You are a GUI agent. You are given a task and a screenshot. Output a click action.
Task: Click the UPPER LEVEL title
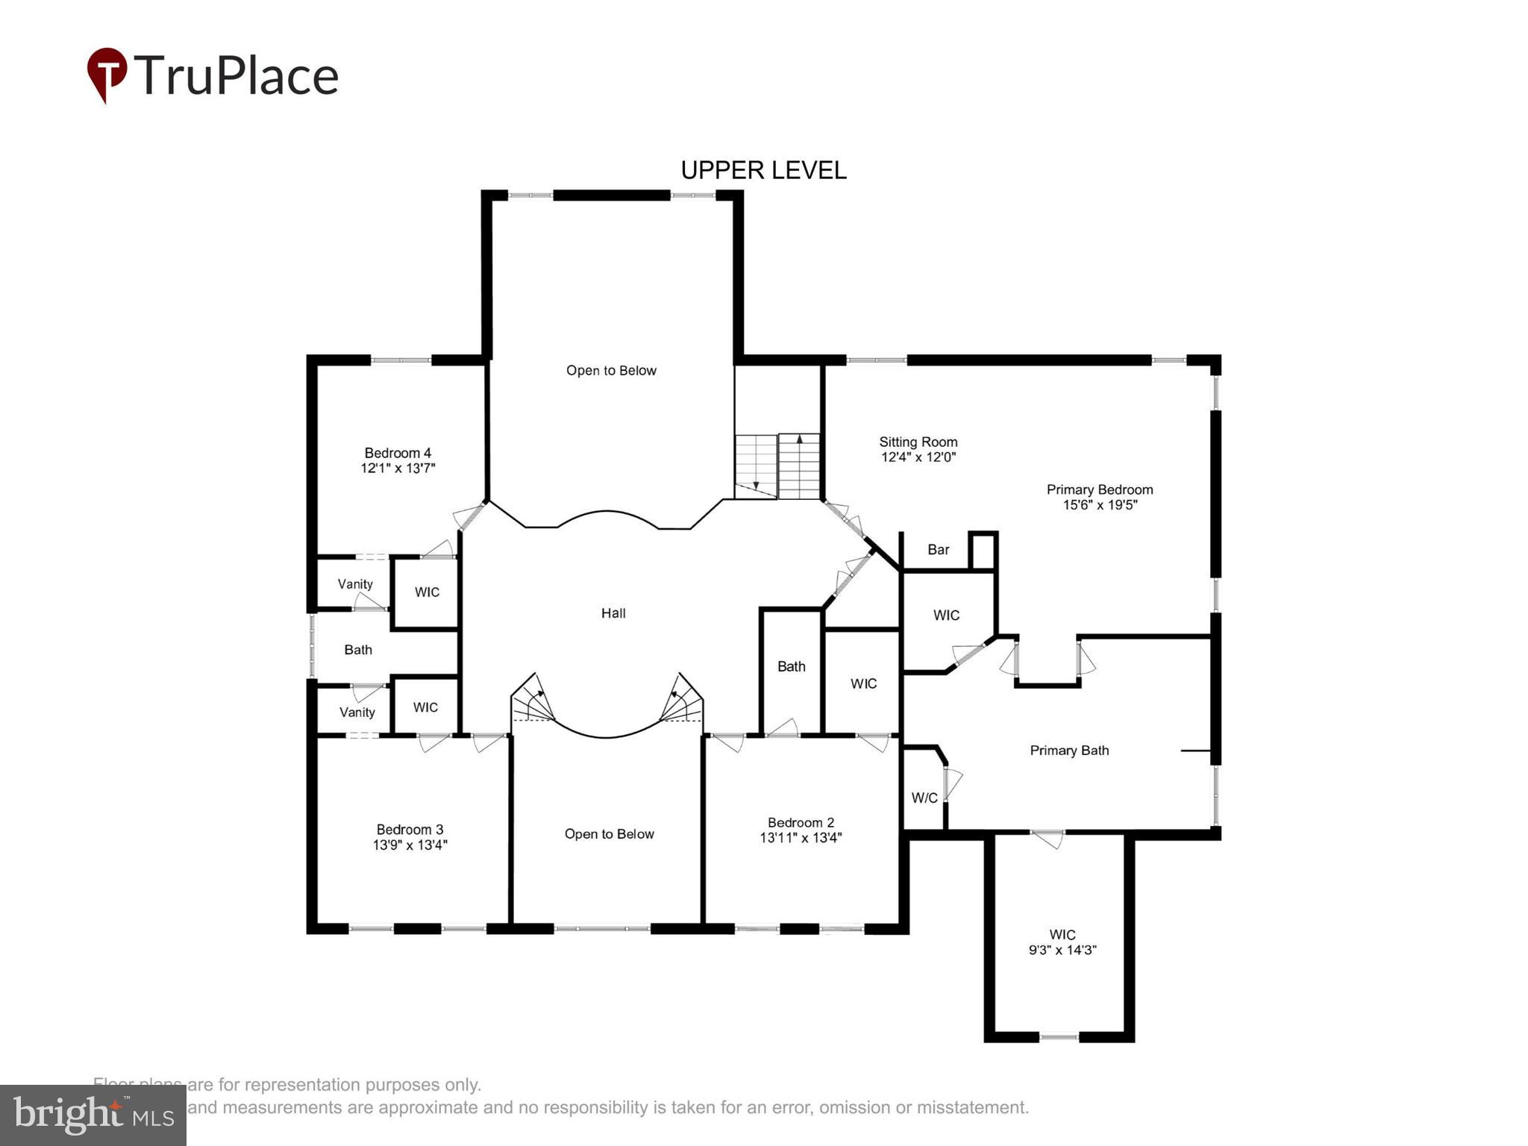pyautogui.click(x=763, y=171)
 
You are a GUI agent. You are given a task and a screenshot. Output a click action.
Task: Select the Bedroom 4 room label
pyautogui.click(x=398, y=453)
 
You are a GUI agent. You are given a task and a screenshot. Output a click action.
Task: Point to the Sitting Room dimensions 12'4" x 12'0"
pyautogui.click(x=918, y=457)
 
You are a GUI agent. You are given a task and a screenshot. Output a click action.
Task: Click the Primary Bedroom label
pyautogui.click(x=1100, y=489)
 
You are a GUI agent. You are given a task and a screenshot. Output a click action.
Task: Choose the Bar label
pyautogui.click(x=938, y=550)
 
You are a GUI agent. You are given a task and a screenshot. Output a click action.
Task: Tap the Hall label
pyautogui.click(x=613, y=613)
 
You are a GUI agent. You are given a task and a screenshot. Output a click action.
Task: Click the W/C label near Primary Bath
pyautogui.click(x=924, y=798)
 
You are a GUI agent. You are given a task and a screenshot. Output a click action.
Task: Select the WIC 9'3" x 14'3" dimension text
pyautogui.click(x=1062, y=951)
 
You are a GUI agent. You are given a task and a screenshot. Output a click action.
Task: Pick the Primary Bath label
pyautogui.click(x=1069, y=751)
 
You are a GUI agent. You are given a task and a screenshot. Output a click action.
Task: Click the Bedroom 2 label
pyautogui.click(x=801, y=822)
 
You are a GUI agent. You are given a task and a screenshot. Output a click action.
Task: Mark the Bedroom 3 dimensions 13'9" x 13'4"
pyautogui.click(x=410, y=845)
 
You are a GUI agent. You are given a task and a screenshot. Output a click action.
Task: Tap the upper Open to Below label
pyautogui.click(x=611, y=371)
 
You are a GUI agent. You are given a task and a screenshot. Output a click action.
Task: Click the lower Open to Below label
pyautogui.click(x=609, y=834)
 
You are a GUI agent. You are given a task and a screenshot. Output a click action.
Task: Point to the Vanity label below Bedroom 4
pyautogui.click(x=354, y=584)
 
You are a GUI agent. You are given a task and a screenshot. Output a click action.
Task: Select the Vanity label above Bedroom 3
pyautogui.click(x=357, y=713)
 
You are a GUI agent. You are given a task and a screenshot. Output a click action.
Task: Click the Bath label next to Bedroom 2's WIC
pyautogui.click(x=791, y=666)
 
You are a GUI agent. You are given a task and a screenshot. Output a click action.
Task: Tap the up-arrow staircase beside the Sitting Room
pyautogui.click(x=799, y=466)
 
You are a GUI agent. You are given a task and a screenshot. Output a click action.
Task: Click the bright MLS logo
pyautogui.click(x=93, y=1115)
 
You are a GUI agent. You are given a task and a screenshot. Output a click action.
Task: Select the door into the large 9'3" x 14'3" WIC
pyautogui.click(x=1048, y=838)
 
